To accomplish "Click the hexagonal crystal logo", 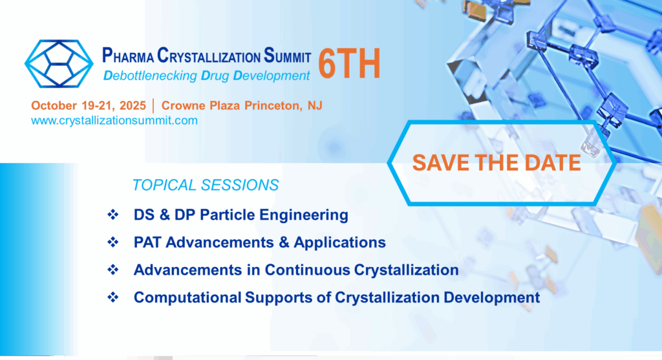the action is tap(59, 64).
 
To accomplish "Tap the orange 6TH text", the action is tap(349, 64).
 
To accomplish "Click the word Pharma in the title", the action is tap(128, 56).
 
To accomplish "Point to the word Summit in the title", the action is tap(288, 56).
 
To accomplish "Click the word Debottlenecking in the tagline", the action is tap(150, 76).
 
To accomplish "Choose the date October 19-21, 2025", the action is tap(88, 105).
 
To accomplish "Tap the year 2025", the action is tap(133, 105).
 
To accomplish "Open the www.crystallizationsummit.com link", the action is tap(114, 121).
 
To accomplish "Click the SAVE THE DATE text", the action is tap(496, 163).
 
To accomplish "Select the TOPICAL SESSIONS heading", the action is tap(206, 185).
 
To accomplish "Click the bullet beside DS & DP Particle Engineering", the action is tap(112, 215).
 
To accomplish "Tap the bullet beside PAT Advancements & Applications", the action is tap(112, 242).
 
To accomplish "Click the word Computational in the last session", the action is tap(187, 297).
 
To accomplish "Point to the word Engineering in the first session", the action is tap(304, 215).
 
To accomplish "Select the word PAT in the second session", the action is tap(147, 242).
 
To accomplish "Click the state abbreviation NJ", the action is tap(315, 105).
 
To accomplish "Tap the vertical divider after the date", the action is tap(153, 105).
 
